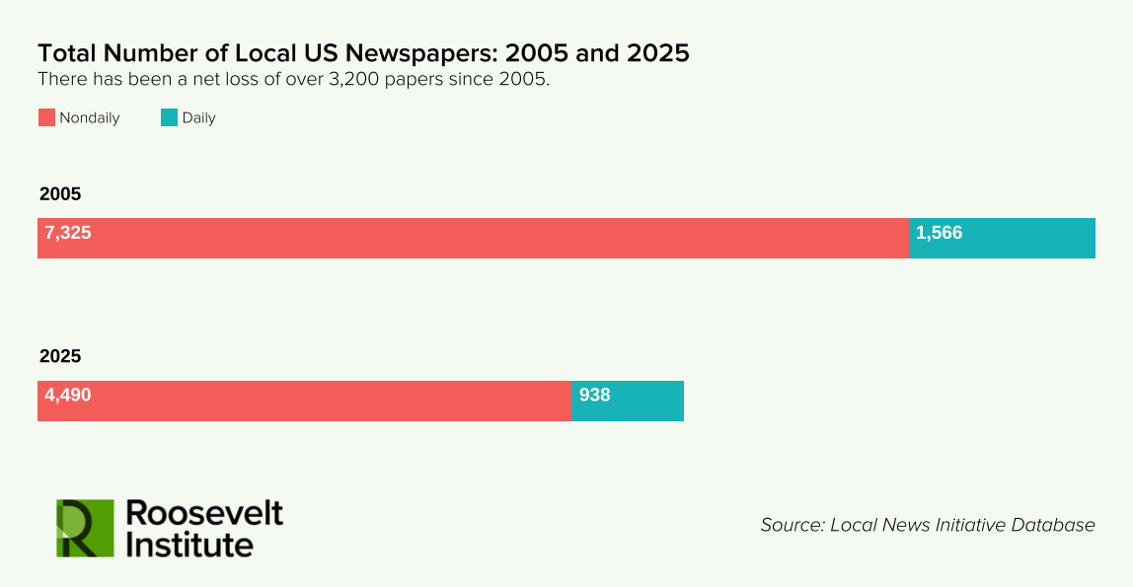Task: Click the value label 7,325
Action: click(68, 233)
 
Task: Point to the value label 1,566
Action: click(939, 233)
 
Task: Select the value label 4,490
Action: click(68, 396)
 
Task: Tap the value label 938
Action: click(595, 396)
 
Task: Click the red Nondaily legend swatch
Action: click(46, 117)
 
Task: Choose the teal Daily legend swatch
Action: click(169, 117)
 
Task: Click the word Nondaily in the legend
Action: click(90, 118)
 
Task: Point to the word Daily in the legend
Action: click(198, 118)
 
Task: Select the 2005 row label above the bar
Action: click(60, 194)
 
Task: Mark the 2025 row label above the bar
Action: click(60, 356)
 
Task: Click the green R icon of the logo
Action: click(85, 528)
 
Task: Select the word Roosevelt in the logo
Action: click(205, 513)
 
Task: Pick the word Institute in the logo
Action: click(190, 544)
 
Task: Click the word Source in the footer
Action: click(792, 525)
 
